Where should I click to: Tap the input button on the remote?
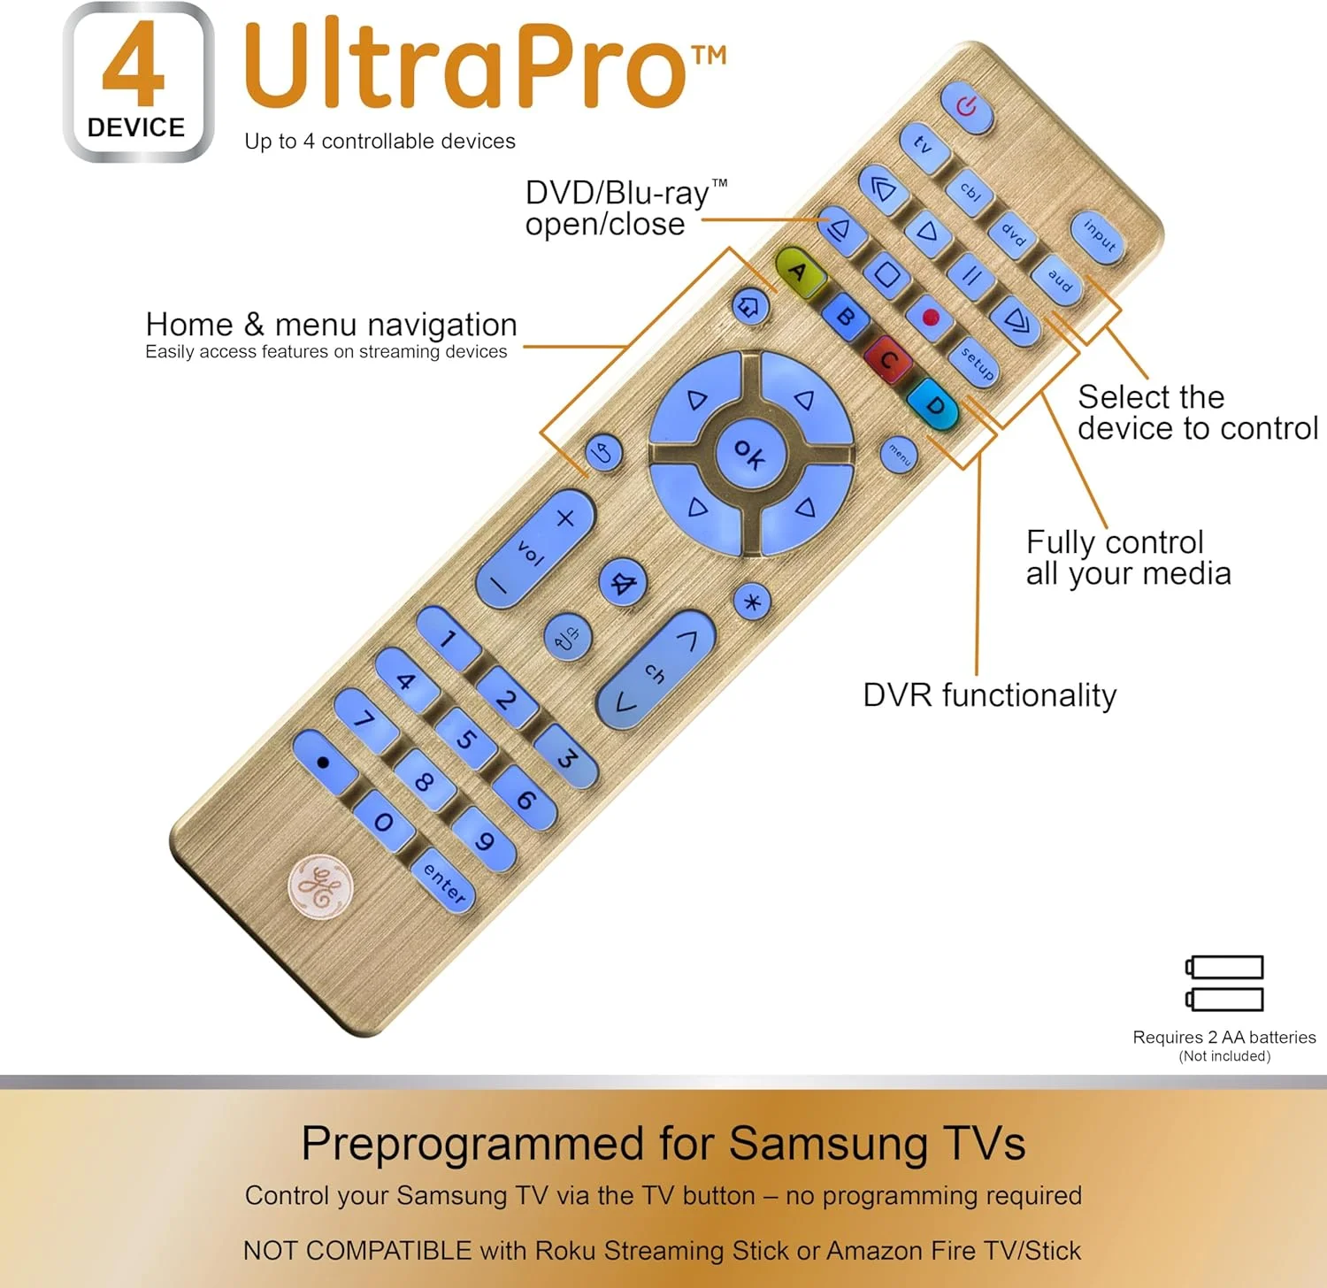click(1099, 236)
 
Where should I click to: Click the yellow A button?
click(799, 271)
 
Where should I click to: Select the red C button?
click(888, 360)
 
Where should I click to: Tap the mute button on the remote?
click(624, 584)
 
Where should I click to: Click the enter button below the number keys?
click(444, 883)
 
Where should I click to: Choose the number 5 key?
click(466, 738)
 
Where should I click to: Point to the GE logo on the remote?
click(320, 886)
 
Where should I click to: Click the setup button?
click(976, 363)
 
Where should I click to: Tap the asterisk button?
click(752, 602)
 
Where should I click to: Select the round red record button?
click(930, 317)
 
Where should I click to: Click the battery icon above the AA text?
click(1224, 983)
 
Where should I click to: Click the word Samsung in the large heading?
click(828, 1143)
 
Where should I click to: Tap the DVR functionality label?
click(989, 695)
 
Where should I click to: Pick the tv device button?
click(924, 143)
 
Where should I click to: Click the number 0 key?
click(383, 822)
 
